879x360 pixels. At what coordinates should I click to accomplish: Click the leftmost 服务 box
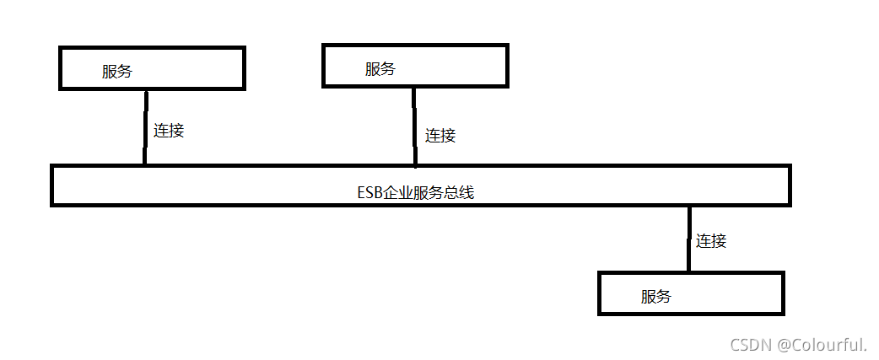[x=152, y=68]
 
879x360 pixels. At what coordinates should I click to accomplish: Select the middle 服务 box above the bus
[x=415, y=66]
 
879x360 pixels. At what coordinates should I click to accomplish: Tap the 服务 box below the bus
[x=691, y=293]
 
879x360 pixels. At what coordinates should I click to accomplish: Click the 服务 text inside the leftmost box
[x=117, y=72]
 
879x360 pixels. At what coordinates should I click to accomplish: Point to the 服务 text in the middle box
[x=380, y=69]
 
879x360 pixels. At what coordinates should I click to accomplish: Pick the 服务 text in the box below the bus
[x=656, y=296]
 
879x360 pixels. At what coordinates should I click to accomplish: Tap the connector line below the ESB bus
[x=689, y=239]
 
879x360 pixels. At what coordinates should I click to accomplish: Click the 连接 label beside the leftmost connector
[x=169, y=131]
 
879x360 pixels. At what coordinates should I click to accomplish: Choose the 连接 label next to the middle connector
[x=440, y=135]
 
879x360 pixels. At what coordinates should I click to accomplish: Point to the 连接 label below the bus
[x=711, y=241]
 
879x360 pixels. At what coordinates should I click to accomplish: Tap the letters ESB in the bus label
[x=369, y=193]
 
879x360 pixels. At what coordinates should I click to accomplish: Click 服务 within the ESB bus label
[x=429, y=193]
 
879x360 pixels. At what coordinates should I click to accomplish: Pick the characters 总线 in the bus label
[x=460, y=193]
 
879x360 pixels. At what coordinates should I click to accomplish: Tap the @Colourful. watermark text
[x=822, y=344]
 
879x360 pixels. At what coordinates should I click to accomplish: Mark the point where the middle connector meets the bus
[x=414, y=166]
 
